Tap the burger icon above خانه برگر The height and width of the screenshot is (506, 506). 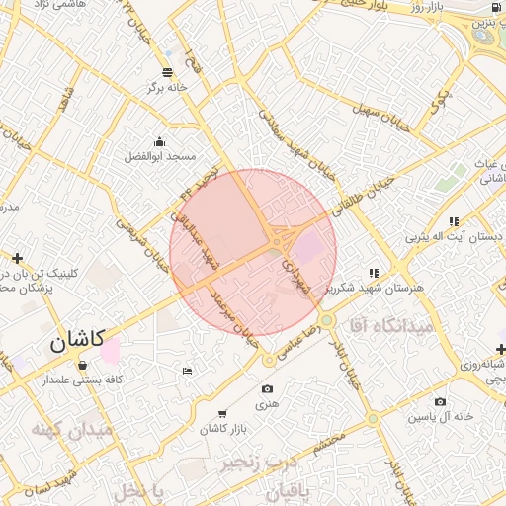pyautogui.click(x=166, y=70)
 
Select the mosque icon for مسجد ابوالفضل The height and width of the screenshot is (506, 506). pyautogui.click(x=160, y=140)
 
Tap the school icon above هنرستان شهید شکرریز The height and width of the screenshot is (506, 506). pyautogui.click(x=374, y=272)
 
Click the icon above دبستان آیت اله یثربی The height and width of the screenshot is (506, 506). pyautogui.click(x=453, y=221)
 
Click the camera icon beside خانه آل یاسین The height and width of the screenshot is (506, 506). pyautogui.click(x=440, y=402)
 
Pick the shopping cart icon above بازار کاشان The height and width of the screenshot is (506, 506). pyautogui.click(x=221, y=413)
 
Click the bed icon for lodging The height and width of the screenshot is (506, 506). pyautogui.click(x=188, y=371)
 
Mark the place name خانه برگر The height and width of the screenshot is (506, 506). pyautogui.click(x=166, y=86)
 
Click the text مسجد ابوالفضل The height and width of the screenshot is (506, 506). pyautogui.click(x=160, y=156)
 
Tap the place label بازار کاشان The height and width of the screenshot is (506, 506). pyautogui.click(x=221, y=429)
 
